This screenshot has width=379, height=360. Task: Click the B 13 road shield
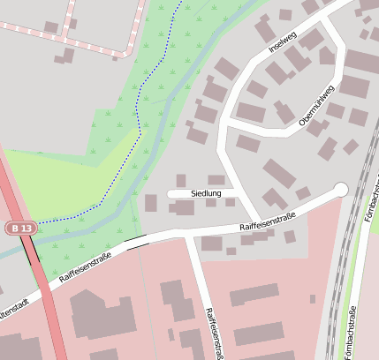point(22,228)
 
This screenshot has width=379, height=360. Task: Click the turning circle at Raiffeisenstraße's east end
point(341,189)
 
